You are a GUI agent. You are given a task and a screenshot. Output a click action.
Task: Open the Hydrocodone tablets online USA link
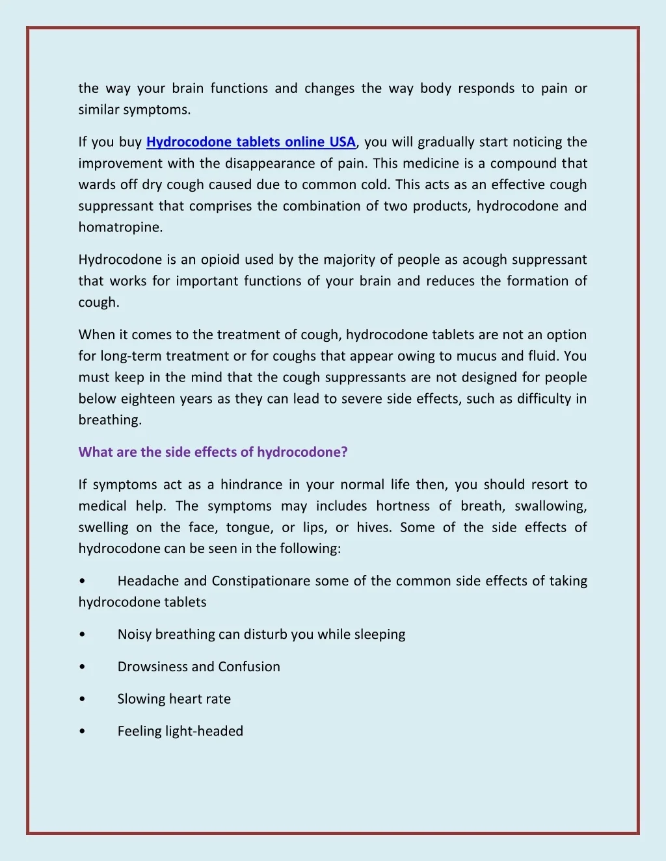point(251,142)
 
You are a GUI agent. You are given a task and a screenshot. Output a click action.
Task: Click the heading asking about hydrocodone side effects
point(213,452)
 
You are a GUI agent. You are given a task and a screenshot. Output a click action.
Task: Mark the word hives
point(373,528)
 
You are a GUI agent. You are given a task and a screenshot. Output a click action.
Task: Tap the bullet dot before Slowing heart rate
point(81,699)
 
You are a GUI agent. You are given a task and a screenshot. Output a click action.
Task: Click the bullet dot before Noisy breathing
point(81,635)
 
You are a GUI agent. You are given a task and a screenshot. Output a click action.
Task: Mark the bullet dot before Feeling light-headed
point(81,731)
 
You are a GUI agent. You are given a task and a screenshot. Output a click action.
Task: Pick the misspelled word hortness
point(403,506)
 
